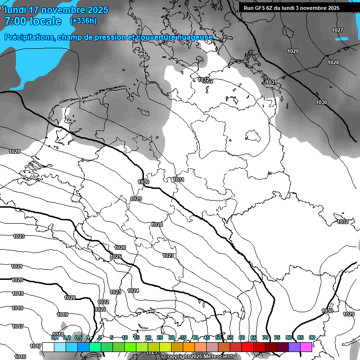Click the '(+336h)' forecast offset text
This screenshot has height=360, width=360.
tap(83, 21)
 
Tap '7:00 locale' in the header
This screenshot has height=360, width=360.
tap(33, 21)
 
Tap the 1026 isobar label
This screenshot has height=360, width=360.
tap(120, 247)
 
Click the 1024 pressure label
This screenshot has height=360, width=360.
tap(133, 291)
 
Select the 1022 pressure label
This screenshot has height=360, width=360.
tap(103, 302)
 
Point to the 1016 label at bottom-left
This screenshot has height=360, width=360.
tap(20, 357)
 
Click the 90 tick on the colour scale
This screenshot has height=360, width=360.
tap(312, 337)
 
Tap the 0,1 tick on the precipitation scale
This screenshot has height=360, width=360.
tap(55, 337)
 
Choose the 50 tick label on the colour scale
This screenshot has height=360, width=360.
tap(218, 337)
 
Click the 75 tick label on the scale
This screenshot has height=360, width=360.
tap(277, 337)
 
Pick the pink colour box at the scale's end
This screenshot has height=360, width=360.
tap(306, 347)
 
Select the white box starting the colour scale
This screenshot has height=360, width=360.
tap(48, 347)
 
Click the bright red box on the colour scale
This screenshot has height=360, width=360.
tap(247, 347)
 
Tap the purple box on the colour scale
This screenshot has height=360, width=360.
tap(294, 347)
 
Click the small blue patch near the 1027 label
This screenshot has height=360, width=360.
tap(341, 39)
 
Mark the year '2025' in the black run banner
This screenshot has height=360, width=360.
tap(333, 8)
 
